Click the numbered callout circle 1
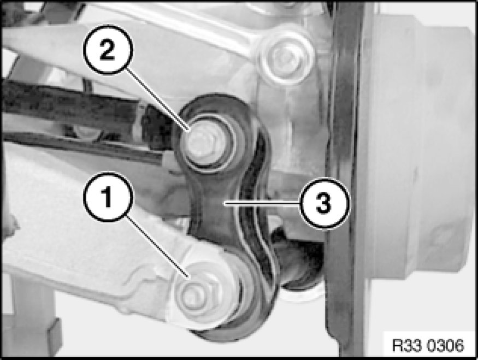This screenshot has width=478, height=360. point(108,197)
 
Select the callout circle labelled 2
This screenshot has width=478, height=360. point(108,50)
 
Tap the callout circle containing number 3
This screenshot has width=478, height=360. point(324,203)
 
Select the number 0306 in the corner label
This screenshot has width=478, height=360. point(445,345)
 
